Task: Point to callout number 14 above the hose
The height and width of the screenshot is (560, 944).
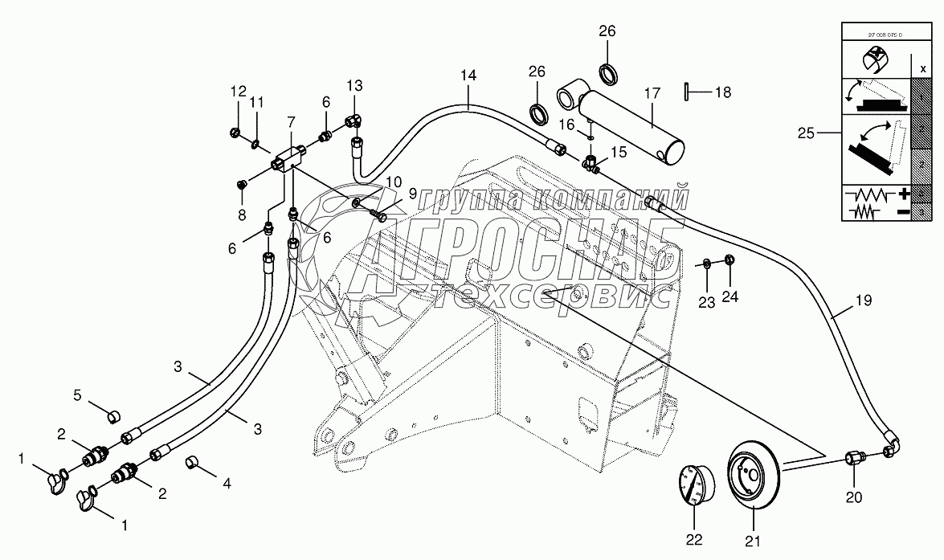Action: click(x=468, y=75)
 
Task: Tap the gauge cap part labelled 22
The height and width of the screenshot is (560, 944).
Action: click(x=694, y=486)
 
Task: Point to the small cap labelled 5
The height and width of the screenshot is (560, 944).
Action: click(x=114, y=415)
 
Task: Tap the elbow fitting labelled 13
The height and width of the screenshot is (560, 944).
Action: click(x=353, y=121)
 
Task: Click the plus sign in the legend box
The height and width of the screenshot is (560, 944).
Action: click(x=904, y=194)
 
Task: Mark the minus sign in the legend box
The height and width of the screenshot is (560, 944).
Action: click(x=904, y=211)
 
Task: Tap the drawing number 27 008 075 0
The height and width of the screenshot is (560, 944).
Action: click(x=880, y=35)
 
